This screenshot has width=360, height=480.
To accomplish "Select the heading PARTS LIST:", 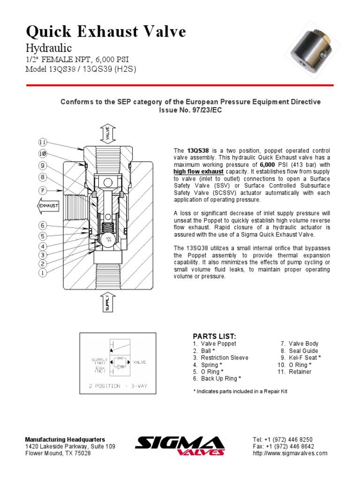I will pos(211,337).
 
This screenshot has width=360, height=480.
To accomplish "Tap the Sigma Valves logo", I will pos(180,446).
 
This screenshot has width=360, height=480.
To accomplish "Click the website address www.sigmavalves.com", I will pos(290,453).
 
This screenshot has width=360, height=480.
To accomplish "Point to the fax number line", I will pos(283,446).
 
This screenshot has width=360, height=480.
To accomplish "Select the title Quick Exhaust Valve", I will pos(106,32).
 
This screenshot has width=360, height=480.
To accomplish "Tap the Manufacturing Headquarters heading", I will pos(65,439).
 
